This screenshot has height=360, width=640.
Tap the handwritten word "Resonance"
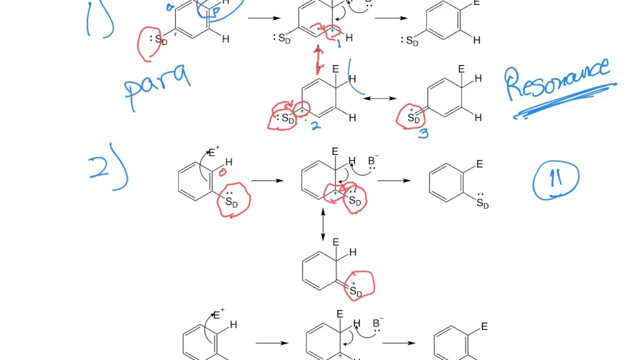(557, 80)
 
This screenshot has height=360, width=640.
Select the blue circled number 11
(556, 179)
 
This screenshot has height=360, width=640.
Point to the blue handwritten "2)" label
(108, 168)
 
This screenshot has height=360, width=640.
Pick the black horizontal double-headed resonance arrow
(380, 98)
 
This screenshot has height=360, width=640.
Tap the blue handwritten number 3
(423, 133)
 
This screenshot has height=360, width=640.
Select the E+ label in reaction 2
(214, 152)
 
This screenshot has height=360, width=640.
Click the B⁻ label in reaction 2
(373, 161)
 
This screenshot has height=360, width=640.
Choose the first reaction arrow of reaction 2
(267, 180)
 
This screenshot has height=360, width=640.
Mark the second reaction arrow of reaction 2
(394, 180)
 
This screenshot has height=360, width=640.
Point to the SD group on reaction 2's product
(482, 203)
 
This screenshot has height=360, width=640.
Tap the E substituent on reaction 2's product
(479, 164)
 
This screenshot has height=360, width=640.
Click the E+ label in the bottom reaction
(218, 315)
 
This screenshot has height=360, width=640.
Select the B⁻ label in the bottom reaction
(378, 323)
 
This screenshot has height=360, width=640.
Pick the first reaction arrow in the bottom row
(271, 343)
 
